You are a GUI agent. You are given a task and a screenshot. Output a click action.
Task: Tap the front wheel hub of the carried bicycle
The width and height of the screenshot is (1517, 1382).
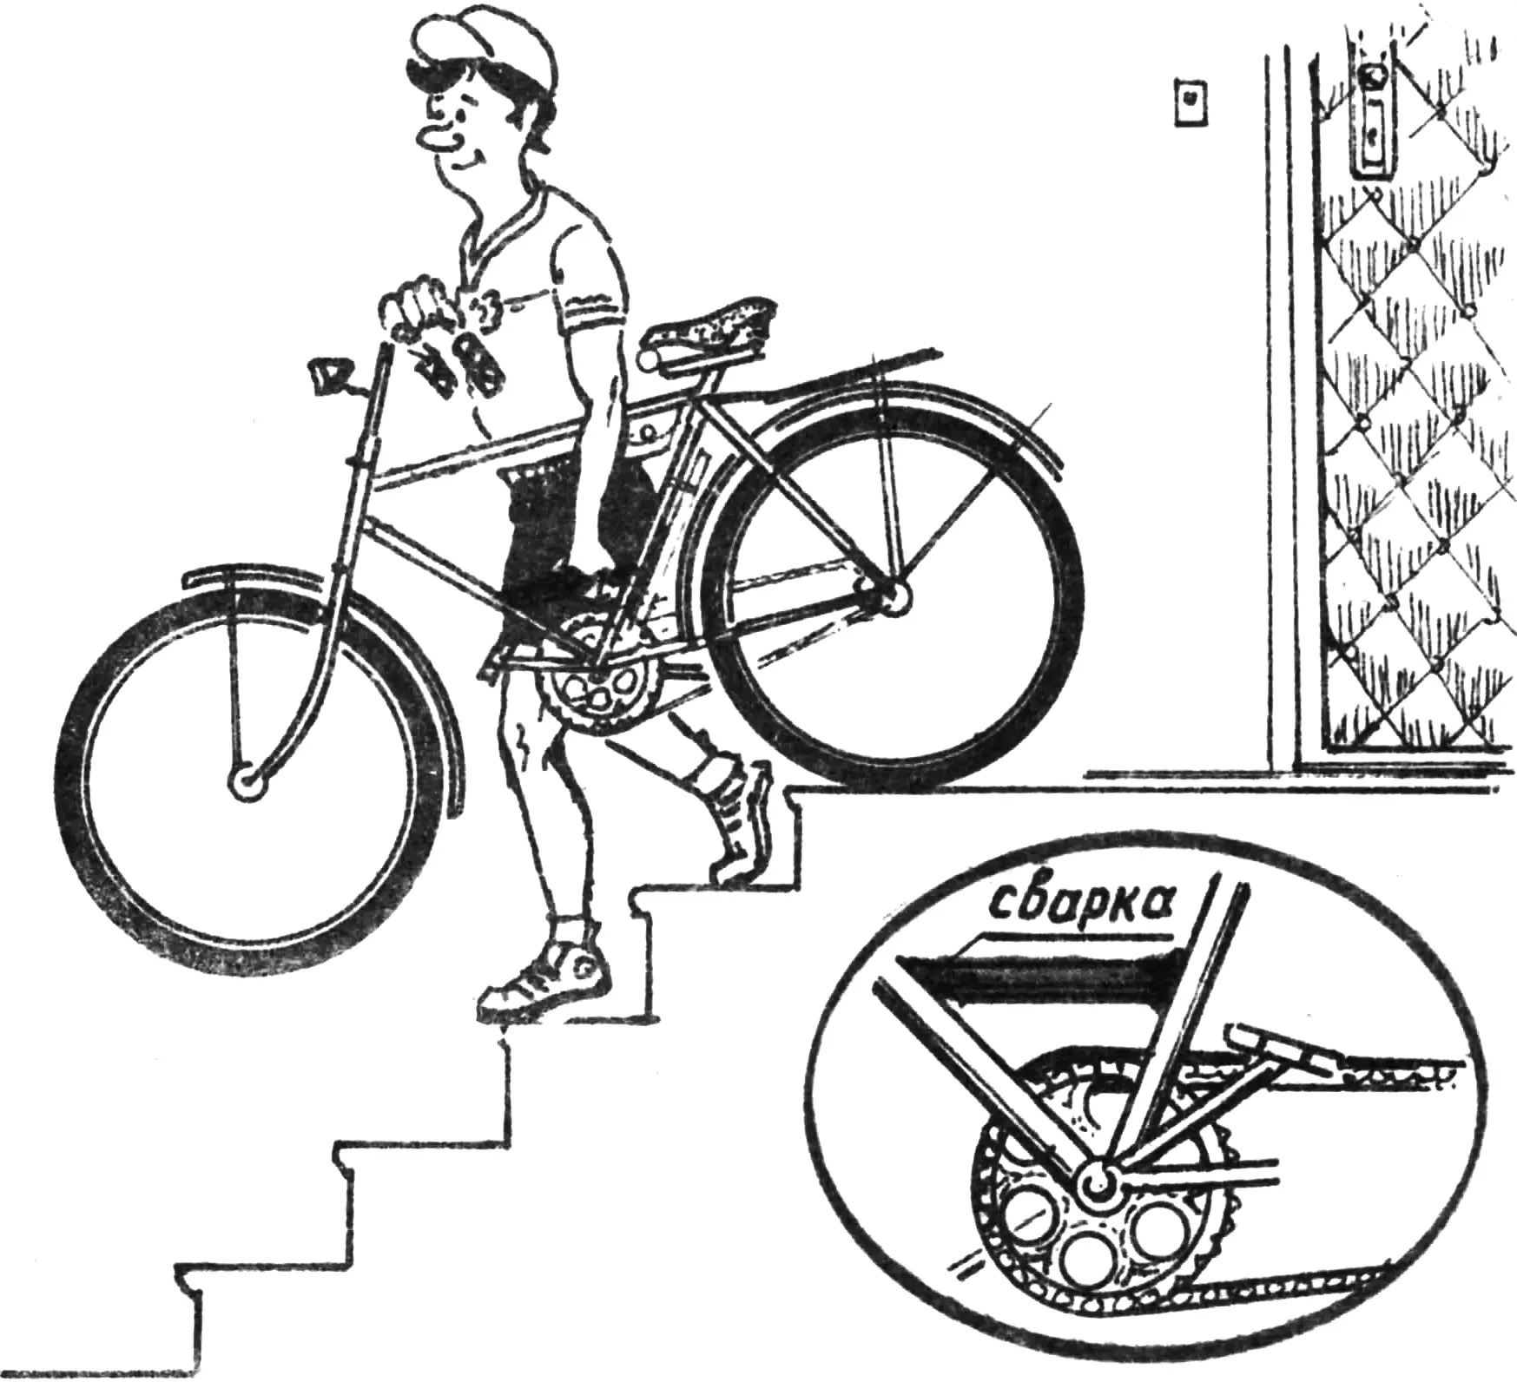[247, 782]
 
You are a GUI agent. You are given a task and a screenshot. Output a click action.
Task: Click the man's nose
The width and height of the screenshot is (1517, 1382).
[432, 135]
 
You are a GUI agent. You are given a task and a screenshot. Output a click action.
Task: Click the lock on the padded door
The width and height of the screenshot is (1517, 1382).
[1373, 122]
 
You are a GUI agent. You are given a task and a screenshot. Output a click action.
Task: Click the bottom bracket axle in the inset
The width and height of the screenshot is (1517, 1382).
[1096, 1178]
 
